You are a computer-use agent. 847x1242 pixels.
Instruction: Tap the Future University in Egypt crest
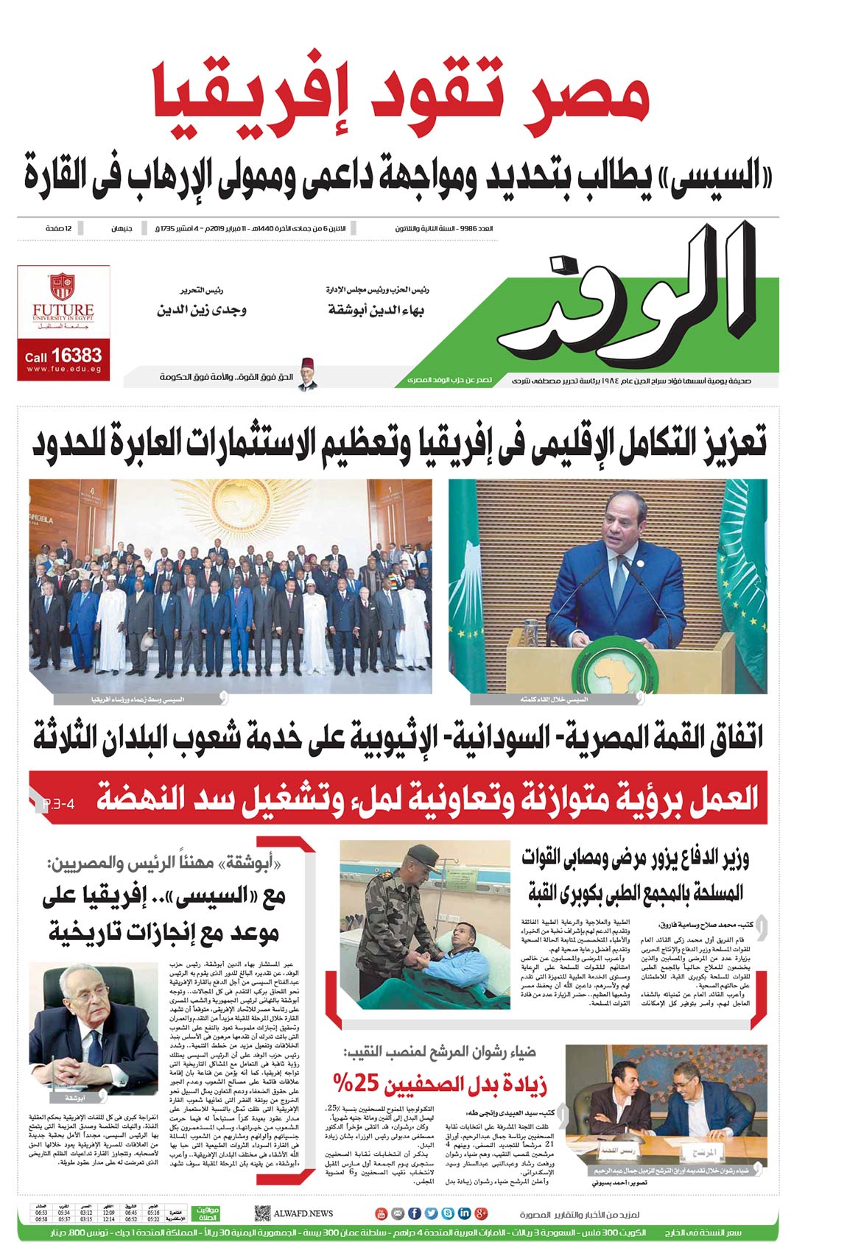click(63, 287)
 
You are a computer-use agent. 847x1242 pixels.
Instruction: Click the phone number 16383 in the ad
click(77, 356)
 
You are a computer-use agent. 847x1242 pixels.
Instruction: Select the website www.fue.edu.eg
click(63, 370)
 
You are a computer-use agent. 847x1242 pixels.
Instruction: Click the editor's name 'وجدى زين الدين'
click(202, 310)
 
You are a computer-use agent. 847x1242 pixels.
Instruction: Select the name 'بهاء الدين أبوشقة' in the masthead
click(376, 310)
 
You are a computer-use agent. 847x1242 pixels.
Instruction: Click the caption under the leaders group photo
click(137, 699)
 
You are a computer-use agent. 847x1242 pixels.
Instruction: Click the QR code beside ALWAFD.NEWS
click(262, 1213)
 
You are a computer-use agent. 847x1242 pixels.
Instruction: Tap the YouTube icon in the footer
click(381, 1213)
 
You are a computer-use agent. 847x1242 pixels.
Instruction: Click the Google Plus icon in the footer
click(482, 1213)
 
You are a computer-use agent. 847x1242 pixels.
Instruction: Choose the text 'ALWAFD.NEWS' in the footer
click(303, 1213)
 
